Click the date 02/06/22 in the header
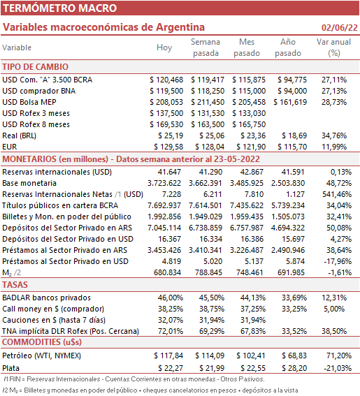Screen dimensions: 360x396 [x=339, y=27]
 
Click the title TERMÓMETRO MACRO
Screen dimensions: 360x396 [x=59, y=8]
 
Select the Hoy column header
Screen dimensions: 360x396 [x=164, y=47]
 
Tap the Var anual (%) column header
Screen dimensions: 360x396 [x=333, y=47]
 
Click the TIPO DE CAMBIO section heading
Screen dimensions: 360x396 [x=36, y=67]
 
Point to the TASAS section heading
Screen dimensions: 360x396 [x=15, y=285]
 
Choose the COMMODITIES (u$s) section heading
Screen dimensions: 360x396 [x=42, y=342]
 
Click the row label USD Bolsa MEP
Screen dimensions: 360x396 [x=29, y=102]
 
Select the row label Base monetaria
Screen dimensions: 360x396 [x=29, y=183]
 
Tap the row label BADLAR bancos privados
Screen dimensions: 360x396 [x=46, y=298]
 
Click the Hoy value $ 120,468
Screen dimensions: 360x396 [x=166, y=80]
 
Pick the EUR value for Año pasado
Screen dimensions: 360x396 [x=292, y=147]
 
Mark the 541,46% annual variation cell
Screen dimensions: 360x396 [x=337, y=194]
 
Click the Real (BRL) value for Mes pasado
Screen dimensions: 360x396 [x=253, y=135]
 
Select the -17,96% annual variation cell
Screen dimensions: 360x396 [x=338, y=261]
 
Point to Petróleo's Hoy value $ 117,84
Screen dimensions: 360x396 [x=168, y=355]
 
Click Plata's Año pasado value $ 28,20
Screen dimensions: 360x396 [x=294, y=368]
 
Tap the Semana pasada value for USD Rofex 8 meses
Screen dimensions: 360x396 [x=208, y=124]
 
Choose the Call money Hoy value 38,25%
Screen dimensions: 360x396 [x=171, y=309]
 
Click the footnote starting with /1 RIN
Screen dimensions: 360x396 [x=134, y=379]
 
